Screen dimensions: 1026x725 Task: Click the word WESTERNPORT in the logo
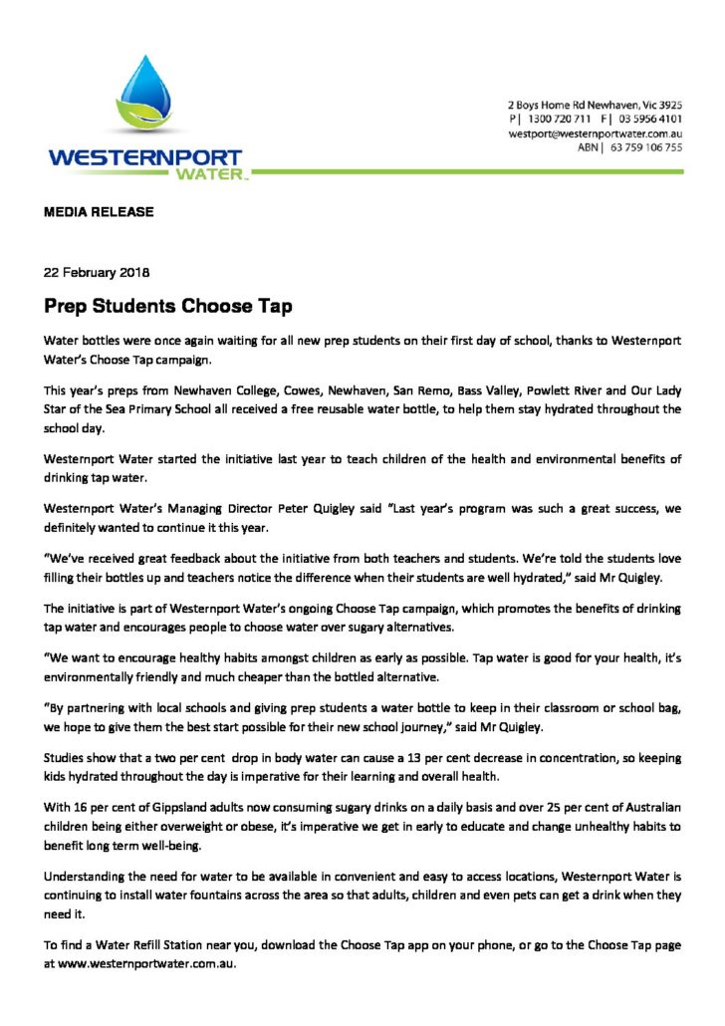point(145,159)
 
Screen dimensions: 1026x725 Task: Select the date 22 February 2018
point(96,271)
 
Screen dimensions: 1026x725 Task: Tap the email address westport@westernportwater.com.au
point(595,132)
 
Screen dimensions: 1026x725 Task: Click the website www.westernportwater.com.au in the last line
point(147,965)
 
